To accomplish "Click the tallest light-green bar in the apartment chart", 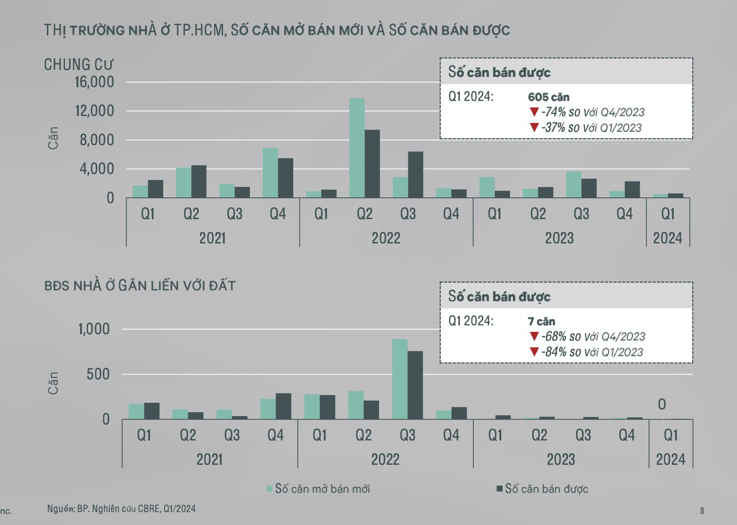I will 357,148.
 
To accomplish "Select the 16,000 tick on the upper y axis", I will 94,82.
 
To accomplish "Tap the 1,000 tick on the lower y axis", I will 94,329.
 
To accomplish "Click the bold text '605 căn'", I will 549,97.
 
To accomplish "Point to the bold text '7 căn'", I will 541,321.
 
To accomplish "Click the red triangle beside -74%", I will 534,112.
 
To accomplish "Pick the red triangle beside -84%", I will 534,351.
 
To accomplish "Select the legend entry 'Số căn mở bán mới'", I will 318,489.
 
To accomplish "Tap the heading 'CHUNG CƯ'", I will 78,65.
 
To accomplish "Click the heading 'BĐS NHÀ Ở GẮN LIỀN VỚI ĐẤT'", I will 140,286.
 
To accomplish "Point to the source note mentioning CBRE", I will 121,509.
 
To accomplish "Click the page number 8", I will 702,511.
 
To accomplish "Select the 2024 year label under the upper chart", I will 668,238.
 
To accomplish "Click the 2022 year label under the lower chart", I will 385,459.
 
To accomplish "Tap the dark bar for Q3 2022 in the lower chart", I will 415,385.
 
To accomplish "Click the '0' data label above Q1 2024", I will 662,404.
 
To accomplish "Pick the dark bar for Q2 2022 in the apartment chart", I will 372,164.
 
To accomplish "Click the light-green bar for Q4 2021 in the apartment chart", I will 270,173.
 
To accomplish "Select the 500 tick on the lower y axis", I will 98,374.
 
